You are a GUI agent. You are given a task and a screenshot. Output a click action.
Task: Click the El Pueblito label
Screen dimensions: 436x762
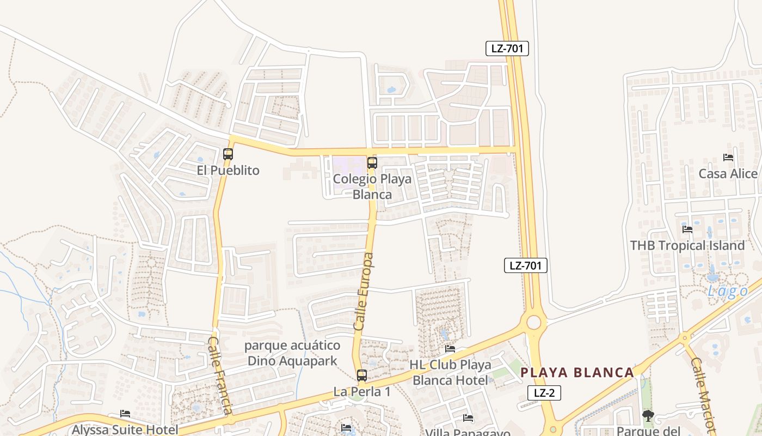point(228,171)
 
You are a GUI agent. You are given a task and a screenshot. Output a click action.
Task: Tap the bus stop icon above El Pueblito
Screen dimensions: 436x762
point(228,154)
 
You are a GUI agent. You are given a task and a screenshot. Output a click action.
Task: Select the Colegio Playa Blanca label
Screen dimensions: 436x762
point(372,186)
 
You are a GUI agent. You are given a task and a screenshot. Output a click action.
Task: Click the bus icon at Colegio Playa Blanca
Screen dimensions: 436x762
point(372,162)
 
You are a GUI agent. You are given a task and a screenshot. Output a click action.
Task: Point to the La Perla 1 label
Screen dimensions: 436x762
point(362,392)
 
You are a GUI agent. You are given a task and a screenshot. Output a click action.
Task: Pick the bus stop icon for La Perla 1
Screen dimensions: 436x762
point(362,376)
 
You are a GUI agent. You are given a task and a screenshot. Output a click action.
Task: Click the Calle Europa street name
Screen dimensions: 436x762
point(364,292)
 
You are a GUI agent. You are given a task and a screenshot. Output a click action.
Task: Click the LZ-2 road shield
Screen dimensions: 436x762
point(544,393)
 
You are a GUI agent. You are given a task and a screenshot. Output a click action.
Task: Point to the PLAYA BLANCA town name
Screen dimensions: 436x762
point(577,373)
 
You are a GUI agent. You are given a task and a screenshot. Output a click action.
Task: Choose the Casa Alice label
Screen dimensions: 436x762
point(728,174)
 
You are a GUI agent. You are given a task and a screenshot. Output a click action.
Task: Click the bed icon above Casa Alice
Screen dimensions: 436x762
point(728,158)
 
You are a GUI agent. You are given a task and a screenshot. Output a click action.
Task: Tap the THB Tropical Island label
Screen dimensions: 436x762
point(687,245)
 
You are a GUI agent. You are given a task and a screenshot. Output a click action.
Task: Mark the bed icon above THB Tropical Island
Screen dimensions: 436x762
point(687,229)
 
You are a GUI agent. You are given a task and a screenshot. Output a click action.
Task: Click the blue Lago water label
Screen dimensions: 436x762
point(728,292)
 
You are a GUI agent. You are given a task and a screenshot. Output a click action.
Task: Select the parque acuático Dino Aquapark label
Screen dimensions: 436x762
point(292,353)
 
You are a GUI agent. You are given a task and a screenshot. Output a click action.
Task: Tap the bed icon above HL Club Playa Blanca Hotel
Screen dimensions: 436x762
point(450,349)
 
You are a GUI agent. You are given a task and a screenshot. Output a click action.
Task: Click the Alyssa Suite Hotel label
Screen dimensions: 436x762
point(125,429)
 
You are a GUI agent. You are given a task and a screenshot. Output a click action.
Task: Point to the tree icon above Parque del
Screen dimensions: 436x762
point(648,416)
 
